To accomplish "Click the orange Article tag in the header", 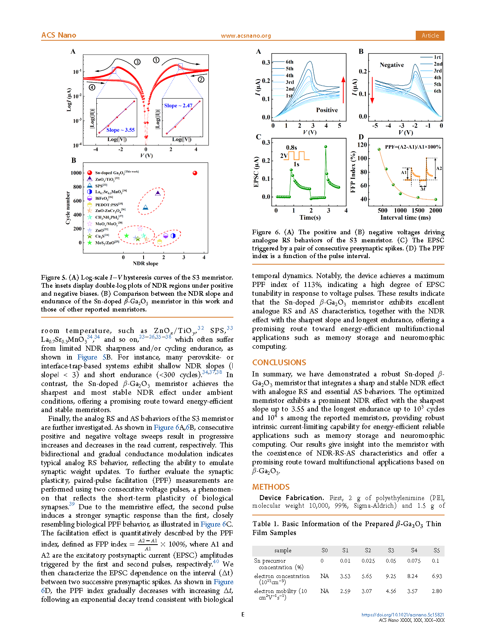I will tap(430, 35).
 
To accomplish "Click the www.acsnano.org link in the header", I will tap(246, 36).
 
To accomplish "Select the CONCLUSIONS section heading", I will tap(279, 363).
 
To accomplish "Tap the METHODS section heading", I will tap(271, 487).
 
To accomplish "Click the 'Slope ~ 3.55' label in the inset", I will tap(121, 130).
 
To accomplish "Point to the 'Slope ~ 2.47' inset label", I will tap(178, 106).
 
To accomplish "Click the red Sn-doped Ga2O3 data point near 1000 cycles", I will tap(195, 173).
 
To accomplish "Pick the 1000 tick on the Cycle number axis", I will tap(76, 173).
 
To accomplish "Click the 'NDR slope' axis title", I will tap(145, 263).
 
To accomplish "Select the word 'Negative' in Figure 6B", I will tap(392, 65).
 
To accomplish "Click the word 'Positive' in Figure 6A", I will tap(327, 110).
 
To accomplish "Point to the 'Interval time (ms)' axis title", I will tap(405, 218).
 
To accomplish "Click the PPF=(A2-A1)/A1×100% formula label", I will tap(413, 147).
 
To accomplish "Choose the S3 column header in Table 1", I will tap(391, 550).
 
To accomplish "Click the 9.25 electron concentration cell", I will tap(391, 576).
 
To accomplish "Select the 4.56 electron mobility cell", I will tap(391, 591).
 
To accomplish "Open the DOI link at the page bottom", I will tap(403, 614).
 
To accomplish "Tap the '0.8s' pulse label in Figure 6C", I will tap(291, 147).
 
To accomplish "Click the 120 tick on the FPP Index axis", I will tap(362, 145).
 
